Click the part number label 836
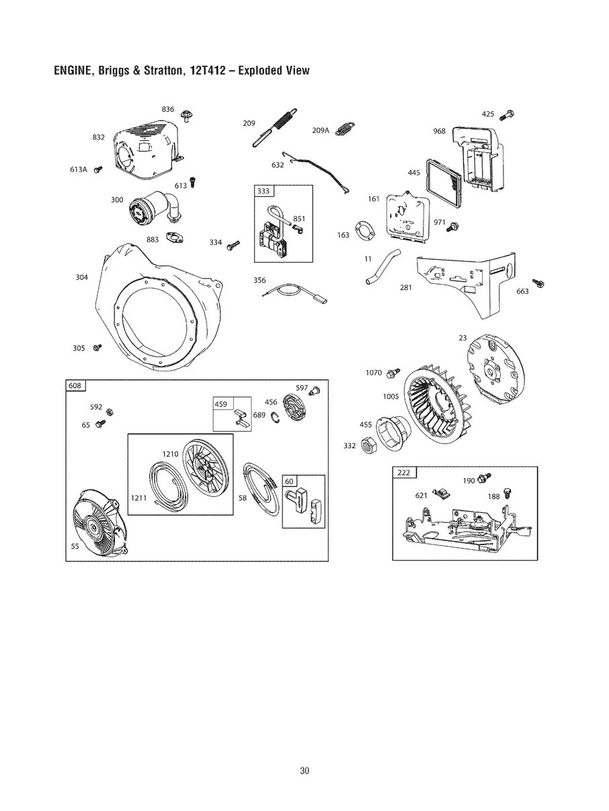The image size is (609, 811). (x=168, y=109)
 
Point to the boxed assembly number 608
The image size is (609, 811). (x=75, y=385)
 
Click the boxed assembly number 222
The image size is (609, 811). (x=404, y=473)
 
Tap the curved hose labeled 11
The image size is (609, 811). (x=382, y=266)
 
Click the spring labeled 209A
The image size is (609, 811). (x=346, y=128)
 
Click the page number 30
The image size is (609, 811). (x=304, y=771)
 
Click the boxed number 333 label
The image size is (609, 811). (x=263, y=191)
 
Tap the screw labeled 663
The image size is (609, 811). (x=538, y=283)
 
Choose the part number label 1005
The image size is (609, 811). (x=391, y=396)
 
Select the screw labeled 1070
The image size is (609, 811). (x=395, y=372)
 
